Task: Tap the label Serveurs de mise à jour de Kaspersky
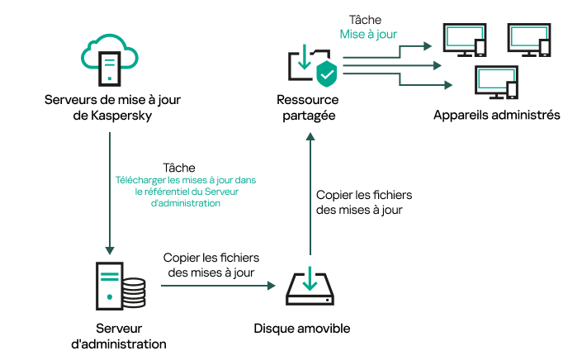[x=111, y=108]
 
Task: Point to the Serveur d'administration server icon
[x=108, y=285]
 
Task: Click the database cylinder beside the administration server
[x=133, y=291]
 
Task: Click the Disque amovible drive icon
[x=309, y=287]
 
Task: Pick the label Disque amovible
[x=302, y=329]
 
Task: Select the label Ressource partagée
[x=305, y=108]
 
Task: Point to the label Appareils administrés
[x=497, y=115]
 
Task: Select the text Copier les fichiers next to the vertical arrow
[x=363, y=195]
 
